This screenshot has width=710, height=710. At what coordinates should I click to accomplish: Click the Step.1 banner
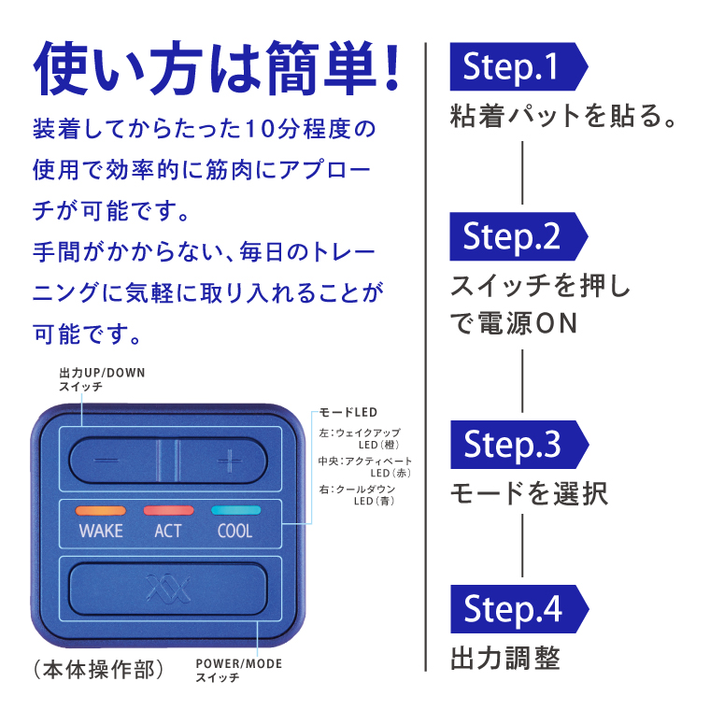pyautogui.click(x=518, y=66)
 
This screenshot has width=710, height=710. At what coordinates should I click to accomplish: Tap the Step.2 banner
pyautogui.click(x=518, y=236)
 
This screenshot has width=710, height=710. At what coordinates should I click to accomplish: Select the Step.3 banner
pyautogui.click(x=519, y=445)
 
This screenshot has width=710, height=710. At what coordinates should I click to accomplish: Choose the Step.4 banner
pyautogui.click(x=519, y=609)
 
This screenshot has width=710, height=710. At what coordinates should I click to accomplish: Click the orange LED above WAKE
pyautogui.click(x=101, y=511)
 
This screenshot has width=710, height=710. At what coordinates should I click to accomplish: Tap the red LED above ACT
pyautogui.click(x=168, y=510)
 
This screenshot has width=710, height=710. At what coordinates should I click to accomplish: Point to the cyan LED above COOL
pyautogui.click(x=236, y=510)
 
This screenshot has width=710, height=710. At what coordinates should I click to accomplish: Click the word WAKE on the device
pyautogui.click(x=101, y=531)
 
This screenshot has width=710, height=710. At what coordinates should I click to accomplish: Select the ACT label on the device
pyautogui.click(x=167, y=531)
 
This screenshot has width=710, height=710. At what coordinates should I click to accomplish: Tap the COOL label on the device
pyautogui.click(x=235, y=531)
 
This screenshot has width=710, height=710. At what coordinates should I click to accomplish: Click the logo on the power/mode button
pyautogui.click(x=168, y=589)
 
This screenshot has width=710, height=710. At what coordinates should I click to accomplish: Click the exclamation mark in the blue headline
pyautogui.click(x=391, y=66)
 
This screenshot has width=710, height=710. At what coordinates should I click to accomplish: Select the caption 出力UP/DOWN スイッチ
pyautogui.click(x=102, y=379)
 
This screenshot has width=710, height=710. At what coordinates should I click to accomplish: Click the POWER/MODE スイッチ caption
pyautogui.click(x=238, y=671)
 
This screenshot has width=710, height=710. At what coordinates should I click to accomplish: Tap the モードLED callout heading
pyautogui.click(x=348, y=413)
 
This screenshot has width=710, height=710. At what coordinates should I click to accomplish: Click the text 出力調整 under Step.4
pyautogui.click(x=505, y=658)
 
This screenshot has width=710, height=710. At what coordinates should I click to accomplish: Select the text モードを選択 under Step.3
pyautogui.click(x=530, y=493)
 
